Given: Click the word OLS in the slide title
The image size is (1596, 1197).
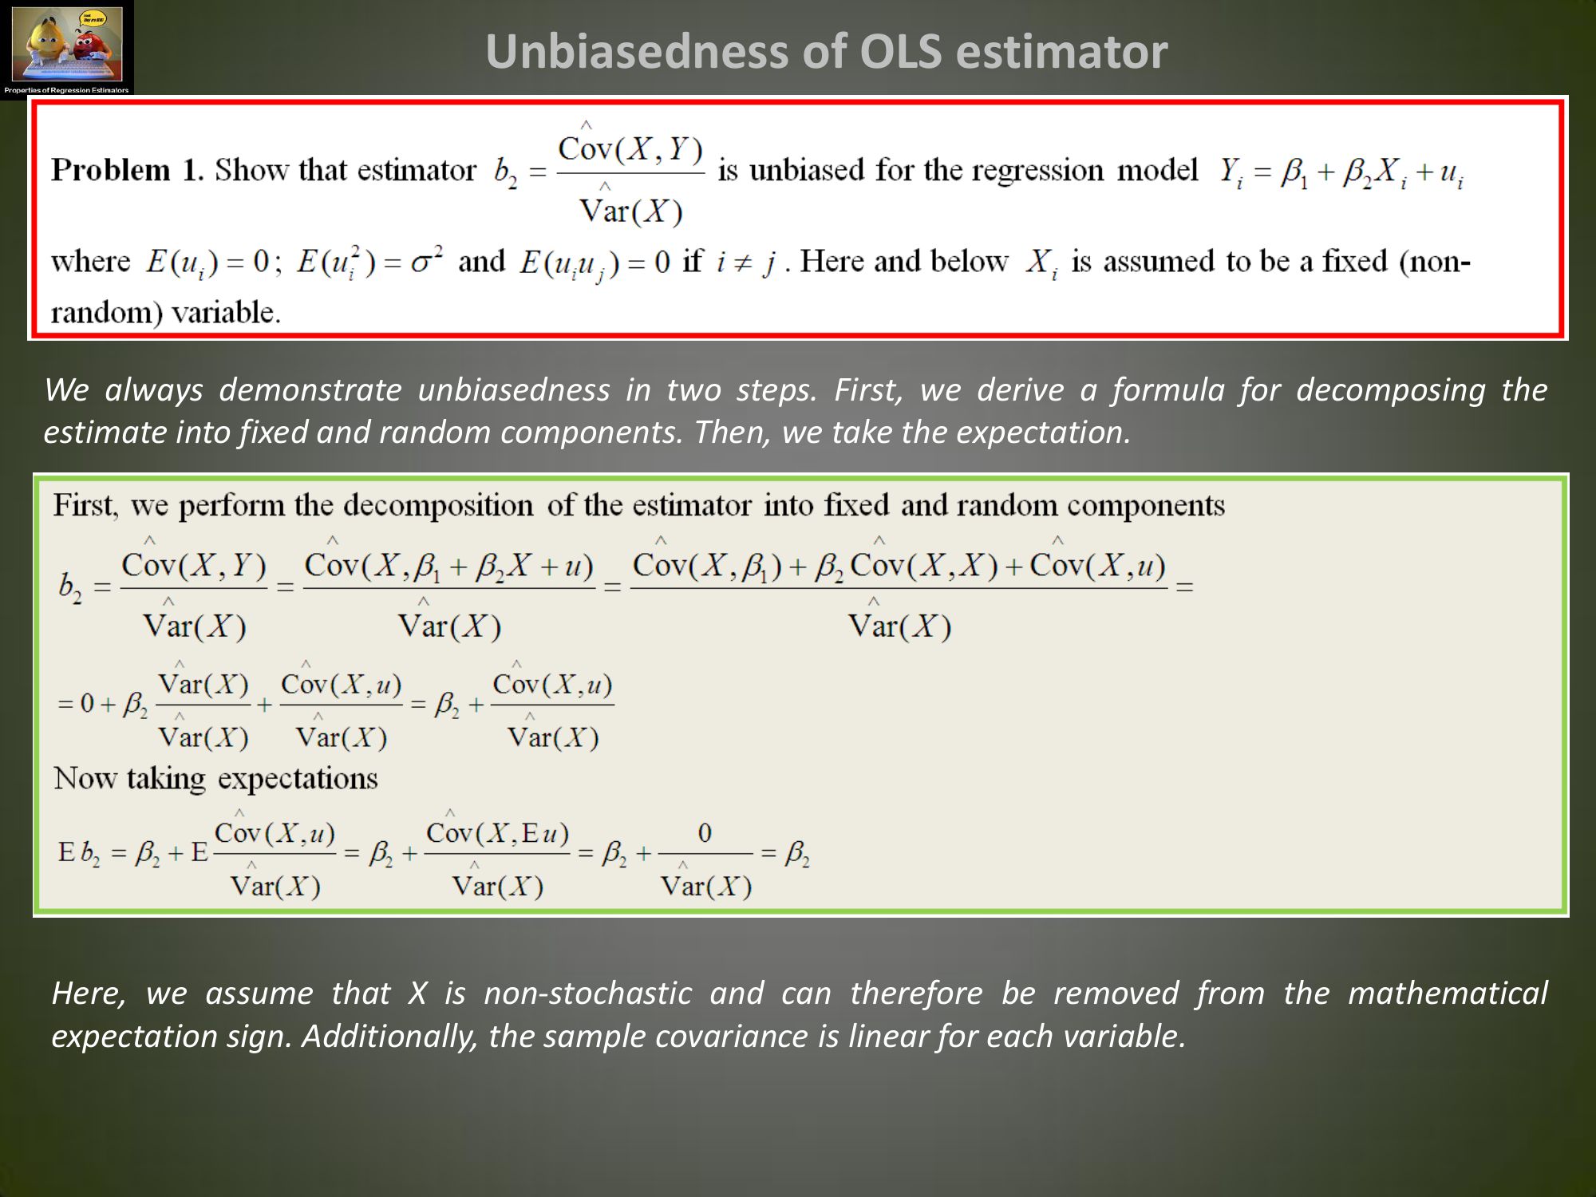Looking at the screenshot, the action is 895,52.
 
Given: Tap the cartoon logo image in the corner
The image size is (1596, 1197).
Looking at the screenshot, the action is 67,48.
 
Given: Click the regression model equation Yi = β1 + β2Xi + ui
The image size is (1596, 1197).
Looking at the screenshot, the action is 1340,173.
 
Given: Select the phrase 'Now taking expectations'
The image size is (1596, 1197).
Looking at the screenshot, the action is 215,778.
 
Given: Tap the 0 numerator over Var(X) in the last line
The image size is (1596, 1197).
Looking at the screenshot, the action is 705,833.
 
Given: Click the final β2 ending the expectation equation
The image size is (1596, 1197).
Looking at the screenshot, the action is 797,855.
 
